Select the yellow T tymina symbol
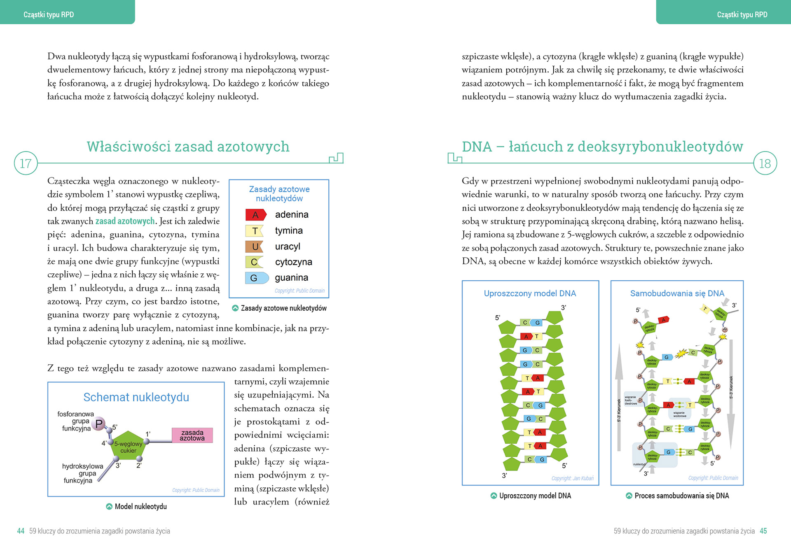255,231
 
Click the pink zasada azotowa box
192,435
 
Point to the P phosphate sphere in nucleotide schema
99,424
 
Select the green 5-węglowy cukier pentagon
128,446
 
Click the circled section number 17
26,163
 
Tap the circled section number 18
765,163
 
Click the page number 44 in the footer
21,531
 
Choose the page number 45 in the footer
763,531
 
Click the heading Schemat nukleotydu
136,397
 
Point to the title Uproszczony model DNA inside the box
530,293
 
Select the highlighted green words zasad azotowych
125,221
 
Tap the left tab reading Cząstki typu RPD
49,15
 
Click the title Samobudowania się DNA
677,293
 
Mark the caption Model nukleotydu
140,507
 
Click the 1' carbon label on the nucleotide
148,434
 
